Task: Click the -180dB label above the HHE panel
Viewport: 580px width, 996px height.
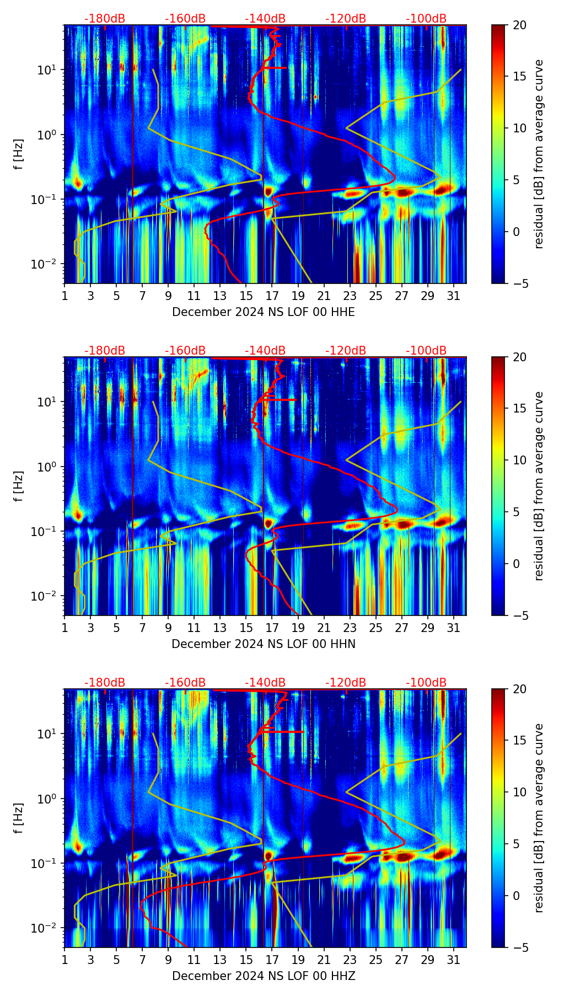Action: pyautogui.click(x=105, y=19)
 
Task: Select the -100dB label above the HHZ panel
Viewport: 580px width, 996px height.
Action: pyautogui.click(x=426, y=683)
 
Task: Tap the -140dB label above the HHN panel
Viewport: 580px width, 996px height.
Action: pyautogui.click(x=265, y=351)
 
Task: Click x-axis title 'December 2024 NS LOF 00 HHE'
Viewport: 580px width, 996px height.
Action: pyautogui.click(x=264, y=312)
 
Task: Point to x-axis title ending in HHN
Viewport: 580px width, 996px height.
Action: pyautogui.click(x=264, y=644)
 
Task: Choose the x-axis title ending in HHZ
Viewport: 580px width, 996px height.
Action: pyautogui.click(x=264, y=976)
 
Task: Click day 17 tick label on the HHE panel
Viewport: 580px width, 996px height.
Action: pyautogui.click(x=272, y=296)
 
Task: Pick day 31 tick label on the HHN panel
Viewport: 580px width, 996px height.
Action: pyautogui.click(x=454, y=628)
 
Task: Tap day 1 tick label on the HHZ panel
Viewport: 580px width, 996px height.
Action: pyautogui.click(x=65, y=960)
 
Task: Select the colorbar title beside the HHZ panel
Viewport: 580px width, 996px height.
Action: pyautogui.click(x=539, y=818)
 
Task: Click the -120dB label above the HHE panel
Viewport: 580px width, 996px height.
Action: pyautogui.click(x=346, y=19)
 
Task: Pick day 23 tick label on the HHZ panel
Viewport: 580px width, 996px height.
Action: pyautogui.click(x=350, y=960)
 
